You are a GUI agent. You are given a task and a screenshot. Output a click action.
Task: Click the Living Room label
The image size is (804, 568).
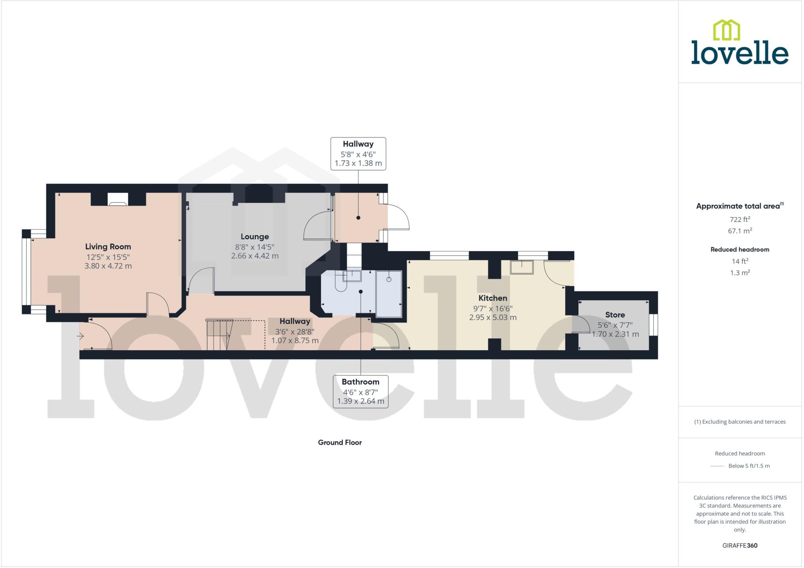(108, 247)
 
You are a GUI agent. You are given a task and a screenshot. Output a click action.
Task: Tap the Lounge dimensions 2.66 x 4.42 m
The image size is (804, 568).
(254, 256)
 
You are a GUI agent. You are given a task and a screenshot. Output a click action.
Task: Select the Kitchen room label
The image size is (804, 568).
(492, 298)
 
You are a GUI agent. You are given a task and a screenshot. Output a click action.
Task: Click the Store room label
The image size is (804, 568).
(615, 315)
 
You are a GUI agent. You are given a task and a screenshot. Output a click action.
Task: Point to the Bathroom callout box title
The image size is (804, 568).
(360, 382)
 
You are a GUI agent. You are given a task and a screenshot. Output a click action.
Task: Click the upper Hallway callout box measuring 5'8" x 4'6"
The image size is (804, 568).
(358, 153)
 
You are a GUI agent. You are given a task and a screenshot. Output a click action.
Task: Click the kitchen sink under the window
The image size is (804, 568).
(522, 267)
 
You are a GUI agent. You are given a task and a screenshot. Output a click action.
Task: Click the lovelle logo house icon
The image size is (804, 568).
(726, 30)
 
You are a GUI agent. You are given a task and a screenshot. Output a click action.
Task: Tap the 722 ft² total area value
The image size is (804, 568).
(740, 219)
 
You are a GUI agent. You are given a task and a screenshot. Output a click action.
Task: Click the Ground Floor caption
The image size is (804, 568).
(340, 442)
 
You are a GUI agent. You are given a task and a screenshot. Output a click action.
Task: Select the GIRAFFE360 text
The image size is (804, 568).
(740, 545)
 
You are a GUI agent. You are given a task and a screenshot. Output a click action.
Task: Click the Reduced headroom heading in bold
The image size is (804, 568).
(740, 249)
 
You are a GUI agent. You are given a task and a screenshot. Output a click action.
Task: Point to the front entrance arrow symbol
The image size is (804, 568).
(80, 336)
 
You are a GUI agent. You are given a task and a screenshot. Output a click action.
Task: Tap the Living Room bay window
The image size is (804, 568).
(26, 272)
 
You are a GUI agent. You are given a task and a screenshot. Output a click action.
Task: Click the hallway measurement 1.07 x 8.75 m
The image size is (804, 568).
(294, 341)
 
